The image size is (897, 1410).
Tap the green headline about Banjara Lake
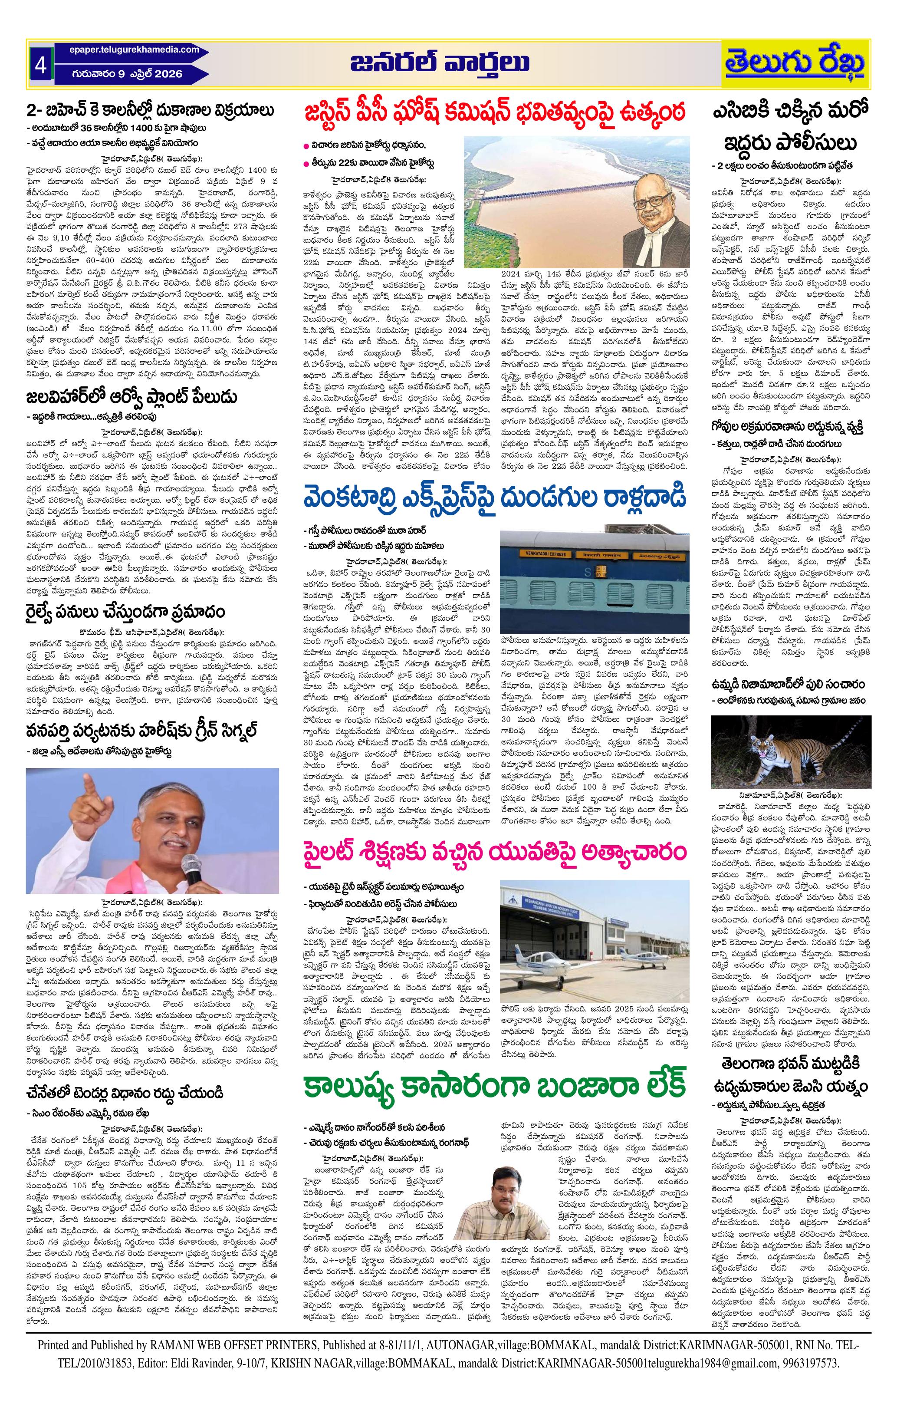click(x=493, y=1246)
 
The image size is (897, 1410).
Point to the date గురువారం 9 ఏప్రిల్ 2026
click(x=128, y=74)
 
